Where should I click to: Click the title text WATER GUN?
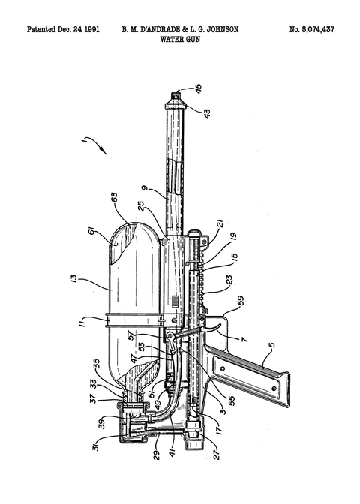[x=180, y=39]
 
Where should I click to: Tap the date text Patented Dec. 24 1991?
[x=63, y=29]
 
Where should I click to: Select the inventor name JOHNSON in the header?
[x=223, y=29]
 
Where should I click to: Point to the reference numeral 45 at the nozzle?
[x=198, y=88]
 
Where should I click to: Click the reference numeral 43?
[x=207, y=113]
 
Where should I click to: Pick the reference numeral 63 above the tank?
[x=114, y=197]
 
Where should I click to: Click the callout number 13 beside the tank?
[x=73, y=278]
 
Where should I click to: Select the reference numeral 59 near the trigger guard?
[x=241, y=300]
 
